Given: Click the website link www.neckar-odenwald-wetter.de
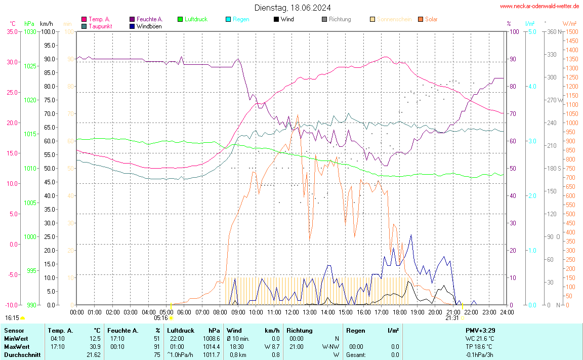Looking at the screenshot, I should (539, 6).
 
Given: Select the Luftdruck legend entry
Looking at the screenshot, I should (196, 19).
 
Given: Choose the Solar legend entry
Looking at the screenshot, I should (431, 19).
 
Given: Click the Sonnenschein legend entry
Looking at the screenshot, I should (394, 19).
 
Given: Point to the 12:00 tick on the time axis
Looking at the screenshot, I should (291, 312).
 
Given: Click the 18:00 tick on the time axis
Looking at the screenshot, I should (399, 312).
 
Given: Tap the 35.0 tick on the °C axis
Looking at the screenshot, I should (12, 31).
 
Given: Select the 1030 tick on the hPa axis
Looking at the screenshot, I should (30, 31).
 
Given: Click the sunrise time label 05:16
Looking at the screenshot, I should (161, 318).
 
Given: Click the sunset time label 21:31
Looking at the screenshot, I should (452, 318).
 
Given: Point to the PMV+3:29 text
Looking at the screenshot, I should (480, 330).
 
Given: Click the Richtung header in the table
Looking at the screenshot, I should (299, 330).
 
